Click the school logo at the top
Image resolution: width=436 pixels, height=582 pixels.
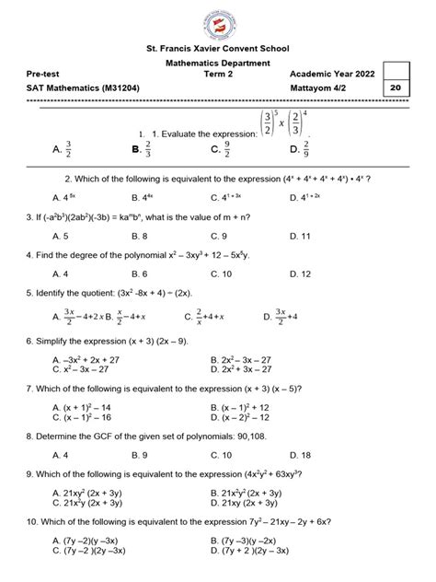(217, 23)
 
